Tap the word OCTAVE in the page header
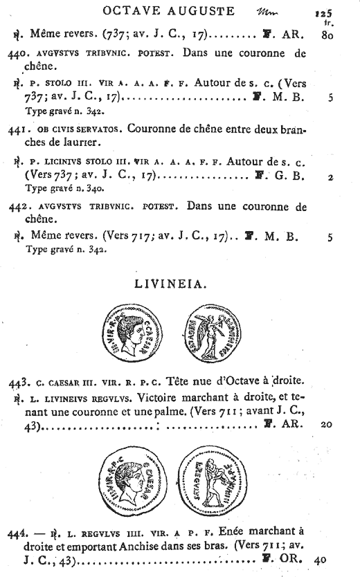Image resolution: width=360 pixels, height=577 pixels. point(132,11)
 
